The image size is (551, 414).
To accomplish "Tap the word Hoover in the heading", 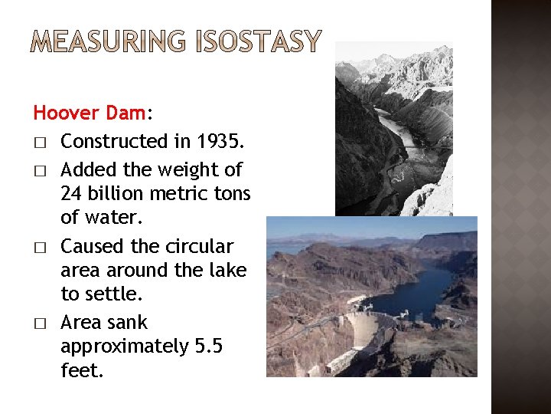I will [x=67, y=113].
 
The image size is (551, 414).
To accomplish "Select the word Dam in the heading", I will [x=126, y=113].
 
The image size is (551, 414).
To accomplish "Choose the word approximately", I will [x=121, y=347].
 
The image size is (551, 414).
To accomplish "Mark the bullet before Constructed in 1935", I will [x=37, y=143].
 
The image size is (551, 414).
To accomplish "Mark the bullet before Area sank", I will [x=37, y=324].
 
